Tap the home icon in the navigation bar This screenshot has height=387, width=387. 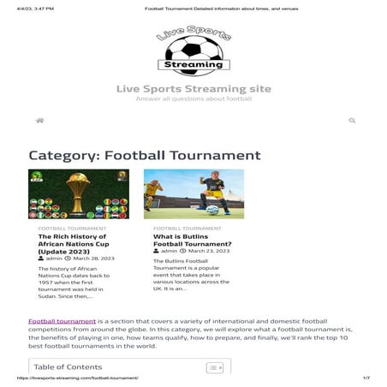(x=39, y=121)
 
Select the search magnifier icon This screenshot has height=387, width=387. (x=352, y=121)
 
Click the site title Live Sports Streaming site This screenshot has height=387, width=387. (x=193, y=89)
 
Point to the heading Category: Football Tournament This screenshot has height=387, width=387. (x=145, y=155)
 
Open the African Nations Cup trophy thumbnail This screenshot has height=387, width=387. (x=78, y=194)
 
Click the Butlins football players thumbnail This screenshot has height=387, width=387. (x=193, y=194)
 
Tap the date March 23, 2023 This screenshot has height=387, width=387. (x=210, y=251)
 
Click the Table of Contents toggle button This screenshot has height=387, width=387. (x=215, y=367)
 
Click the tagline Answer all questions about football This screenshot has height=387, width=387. (x=193, y=99)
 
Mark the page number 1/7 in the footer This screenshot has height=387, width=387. (x=366, y=378)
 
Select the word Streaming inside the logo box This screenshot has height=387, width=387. (x=193, y=63)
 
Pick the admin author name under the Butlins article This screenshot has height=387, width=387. (x=172, y=251)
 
